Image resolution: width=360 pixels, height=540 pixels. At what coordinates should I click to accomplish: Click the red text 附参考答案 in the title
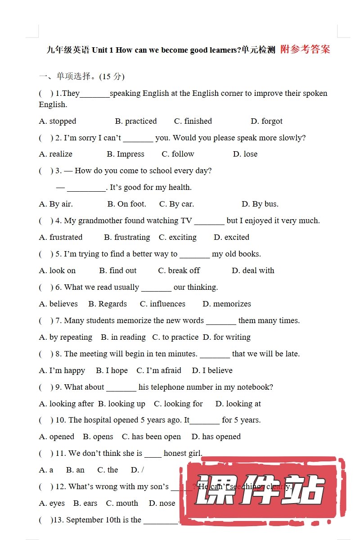coord(305,49)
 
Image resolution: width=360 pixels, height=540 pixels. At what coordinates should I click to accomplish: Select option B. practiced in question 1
coord(136,121)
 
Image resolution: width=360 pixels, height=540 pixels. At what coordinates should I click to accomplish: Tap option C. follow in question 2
coord(178,154)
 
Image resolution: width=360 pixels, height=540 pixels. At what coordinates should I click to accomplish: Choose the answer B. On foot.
coord(127,204)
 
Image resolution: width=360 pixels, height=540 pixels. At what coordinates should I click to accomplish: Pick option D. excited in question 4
coord(231,237)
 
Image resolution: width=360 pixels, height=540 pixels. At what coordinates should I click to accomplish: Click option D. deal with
coord(253,270)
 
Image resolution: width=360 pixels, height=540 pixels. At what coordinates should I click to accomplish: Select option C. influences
coord(162,304)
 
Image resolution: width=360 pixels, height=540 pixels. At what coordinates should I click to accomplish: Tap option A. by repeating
coord(66,337)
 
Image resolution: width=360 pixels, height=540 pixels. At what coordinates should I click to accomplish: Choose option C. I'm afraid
coord(159,370)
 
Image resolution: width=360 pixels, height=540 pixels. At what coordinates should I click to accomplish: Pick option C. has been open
coord(151,436)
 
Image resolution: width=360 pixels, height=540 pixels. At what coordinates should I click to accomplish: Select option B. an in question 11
coord(75,470)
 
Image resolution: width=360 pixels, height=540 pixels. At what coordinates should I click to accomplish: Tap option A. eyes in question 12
coord(52,503)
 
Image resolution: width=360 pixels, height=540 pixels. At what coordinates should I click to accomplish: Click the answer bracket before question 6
coord(45,287)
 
